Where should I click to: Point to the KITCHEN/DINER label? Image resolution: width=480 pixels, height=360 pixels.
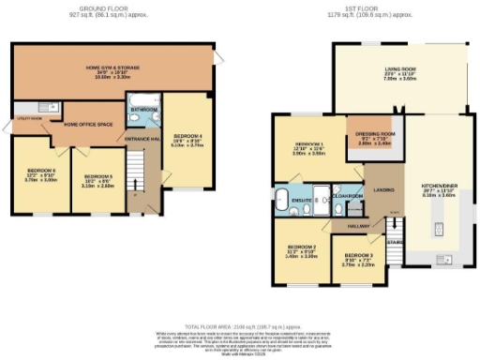point(438,188)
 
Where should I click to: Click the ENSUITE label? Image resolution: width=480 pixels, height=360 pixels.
point(302,200)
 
